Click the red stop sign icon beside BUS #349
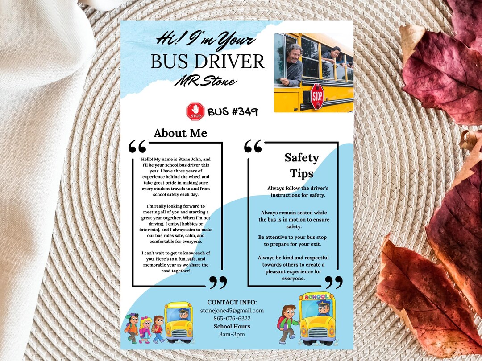click(195, 111)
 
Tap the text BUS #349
click(233, 111)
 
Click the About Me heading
click(180, 133)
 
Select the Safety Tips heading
click(302, 165)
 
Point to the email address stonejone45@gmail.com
click(232, 310)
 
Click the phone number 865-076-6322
click(232, 318)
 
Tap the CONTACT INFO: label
click(232, 302)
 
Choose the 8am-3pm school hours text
click(232, 334)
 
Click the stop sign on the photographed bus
click(317, 96)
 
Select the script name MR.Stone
click(205, 82)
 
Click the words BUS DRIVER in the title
click(208, 62)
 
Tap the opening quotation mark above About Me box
click(137, 147)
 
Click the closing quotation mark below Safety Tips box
click(333, 282)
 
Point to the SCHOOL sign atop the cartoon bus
click(316, 297)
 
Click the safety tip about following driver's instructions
click(298, 192)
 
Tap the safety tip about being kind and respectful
click(293, 268)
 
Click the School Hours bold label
click(232, 326)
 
